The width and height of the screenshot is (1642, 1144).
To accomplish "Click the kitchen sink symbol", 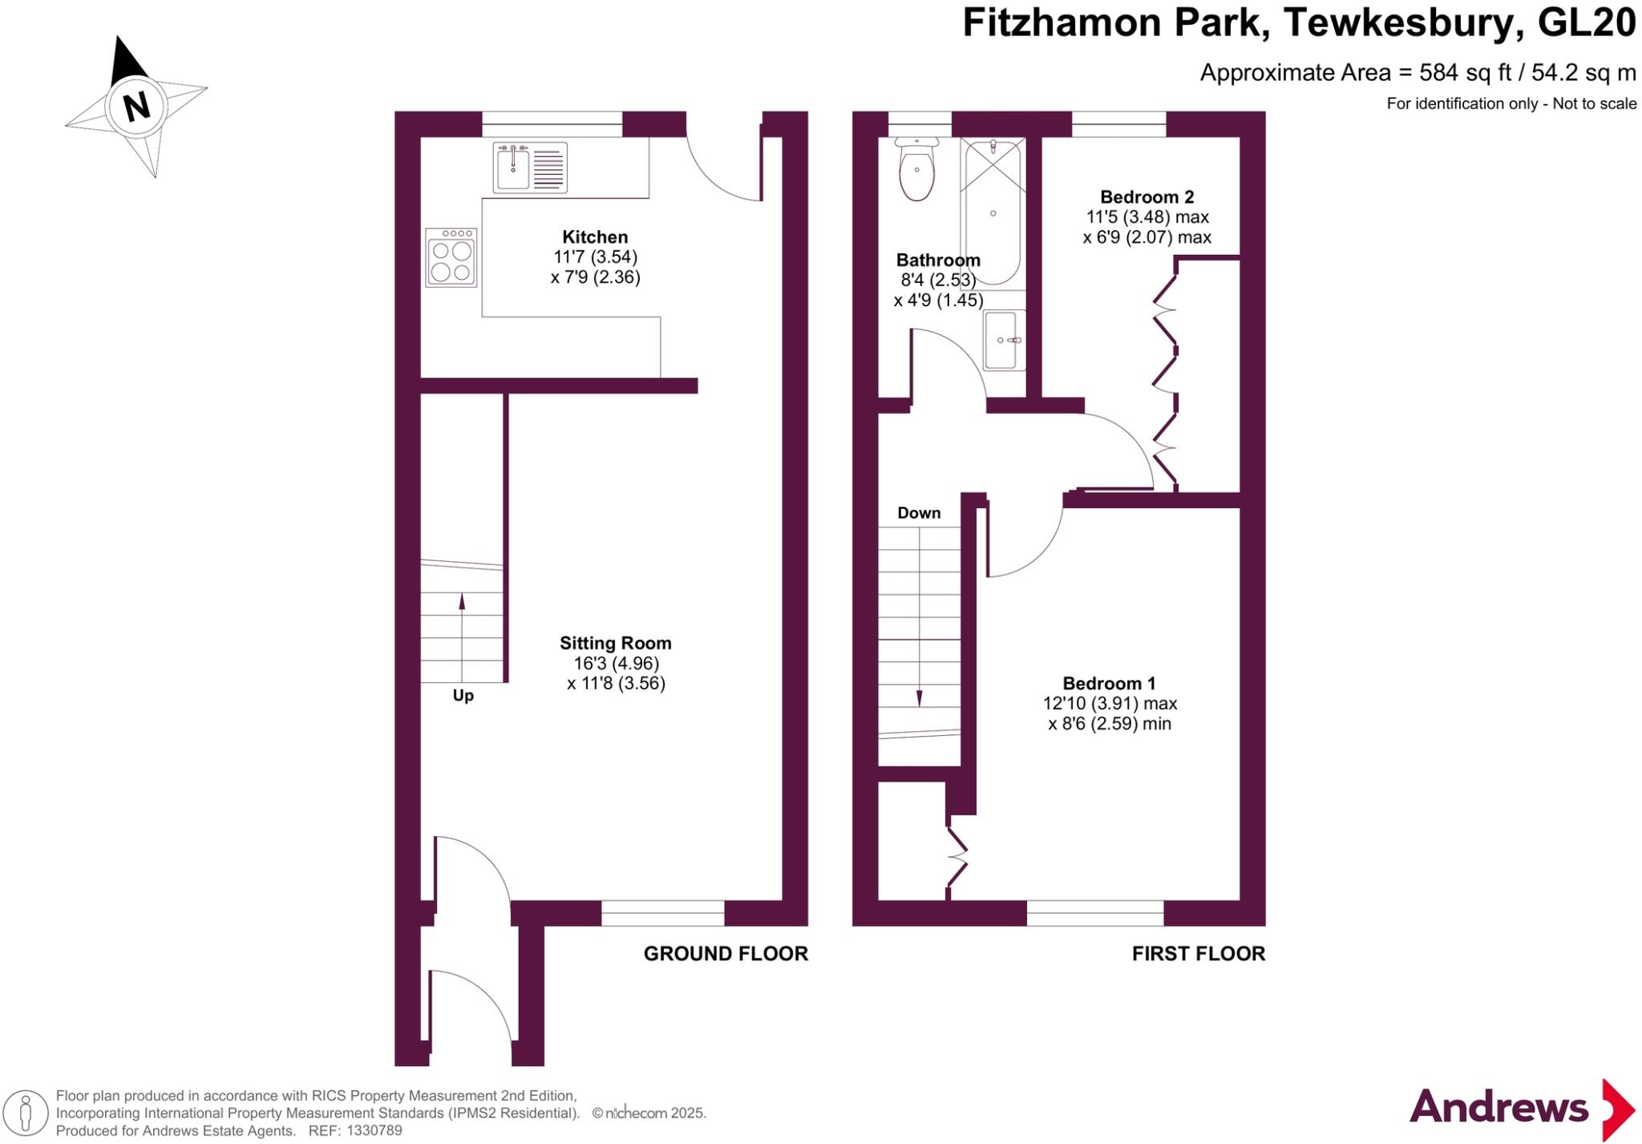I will tap(529, 168).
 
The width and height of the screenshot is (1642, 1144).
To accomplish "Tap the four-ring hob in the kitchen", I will tap(451, 258).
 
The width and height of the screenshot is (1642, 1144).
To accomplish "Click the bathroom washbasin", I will tap(1004, 340).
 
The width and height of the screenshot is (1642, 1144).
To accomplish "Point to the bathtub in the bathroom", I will tap(993, 212).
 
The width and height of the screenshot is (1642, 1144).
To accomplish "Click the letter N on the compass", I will tap(136, 105).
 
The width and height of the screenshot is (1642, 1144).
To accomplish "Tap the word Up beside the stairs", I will tap(463, 695).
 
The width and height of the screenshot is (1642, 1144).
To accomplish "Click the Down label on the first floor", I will tap(919, 513).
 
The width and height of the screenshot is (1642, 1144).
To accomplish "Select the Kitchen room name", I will tap(594, 236).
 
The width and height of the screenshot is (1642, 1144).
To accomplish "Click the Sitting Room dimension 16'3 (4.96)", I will tap(616, 663).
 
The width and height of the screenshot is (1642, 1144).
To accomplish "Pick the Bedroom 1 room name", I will tap(1109, 683).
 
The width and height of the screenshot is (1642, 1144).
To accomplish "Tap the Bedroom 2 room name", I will tap(1147, 196).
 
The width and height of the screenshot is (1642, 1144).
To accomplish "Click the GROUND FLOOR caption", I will tap(726, 953).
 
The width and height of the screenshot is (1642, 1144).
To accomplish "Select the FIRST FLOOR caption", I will tap(1198, 953).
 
